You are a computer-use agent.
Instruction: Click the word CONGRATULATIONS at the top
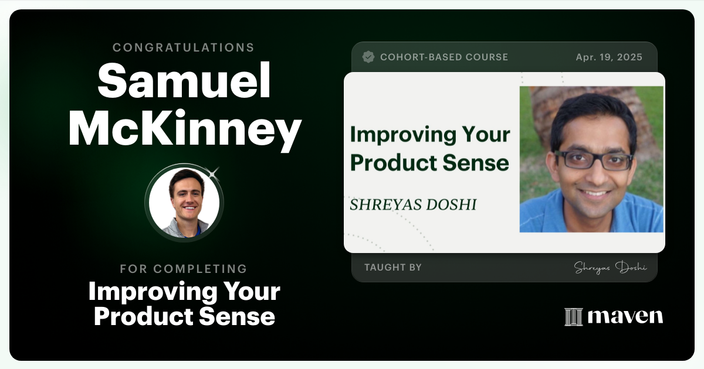pos(184,47)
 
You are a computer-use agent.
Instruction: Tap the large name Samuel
pos(184,82)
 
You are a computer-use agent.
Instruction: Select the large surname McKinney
pos(185,129)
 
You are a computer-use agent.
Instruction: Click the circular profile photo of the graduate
pos(184,203)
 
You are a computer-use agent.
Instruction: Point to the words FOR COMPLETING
pos(184,269)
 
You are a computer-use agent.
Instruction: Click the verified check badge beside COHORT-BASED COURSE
pos(368,57)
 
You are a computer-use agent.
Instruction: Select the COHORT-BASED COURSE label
pos(444,57)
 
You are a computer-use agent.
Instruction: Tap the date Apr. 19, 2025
pos(609,57)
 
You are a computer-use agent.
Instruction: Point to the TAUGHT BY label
pos(393,267)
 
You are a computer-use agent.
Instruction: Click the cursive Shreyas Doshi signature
pos(610,268)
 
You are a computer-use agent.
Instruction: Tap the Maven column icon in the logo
pos(573,317)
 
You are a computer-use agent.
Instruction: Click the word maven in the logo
pos(625,317)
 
